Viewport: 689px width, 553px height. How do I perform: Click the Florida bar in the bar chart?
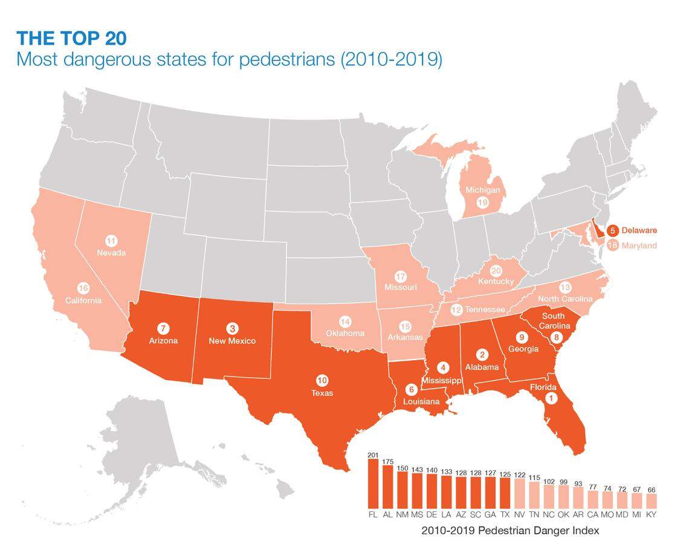(x=373, y=484)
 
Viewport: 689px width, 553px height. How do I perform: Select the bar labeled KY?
(x=651, y=501)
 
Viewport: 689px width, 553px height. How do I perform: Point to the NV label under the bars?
(x=519, y=514)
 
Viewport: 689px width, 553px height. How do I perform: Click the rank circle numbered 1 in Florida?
(x=551, y=398)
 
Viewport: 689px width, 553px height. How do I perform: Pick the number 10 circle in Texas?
(x=322, y=380)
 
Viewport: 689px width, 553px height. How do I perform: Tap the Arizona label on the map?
(x=163, y=341)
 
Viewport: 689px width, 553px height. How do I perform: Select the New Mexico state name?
(x=232, y=341)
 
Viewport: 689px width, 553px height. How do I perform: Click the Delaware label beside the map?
(x=639, y=230)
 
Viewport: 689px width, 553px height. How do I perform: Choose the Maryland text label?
(x=639, y=245)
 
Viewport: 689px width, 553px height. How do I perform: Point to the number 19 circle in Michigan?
(x=482, y=202)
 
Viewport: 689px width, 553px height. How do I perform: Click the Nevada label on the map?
(x=111, y=253)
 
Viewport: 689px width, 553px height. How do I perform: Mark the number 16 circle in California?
(x=83, y=288)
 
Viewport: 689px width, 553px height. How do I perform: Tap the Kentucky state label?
(x=496, y=282)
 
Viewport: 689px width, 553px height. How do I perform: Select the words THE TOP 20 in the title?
(x=72, y=39)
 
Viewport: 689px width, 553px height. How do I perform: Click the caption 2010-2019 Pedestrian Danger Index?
(x=510, y=531)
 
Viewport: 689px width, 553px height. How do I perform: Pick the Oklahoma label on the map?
(x=345, y=333)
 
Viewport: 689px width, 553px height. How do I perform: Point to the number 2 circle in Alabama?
(x=482, y=354)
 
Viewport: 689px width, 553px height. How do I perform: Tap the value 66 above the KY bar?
(x=651, y=490)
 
